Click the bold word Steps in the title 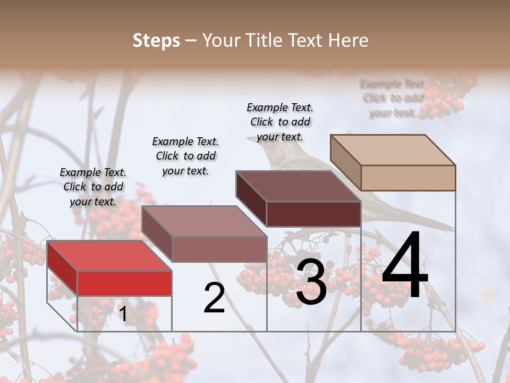pos(156,40)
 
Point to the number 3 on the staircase pos(311,282)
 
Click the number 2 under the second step pos(214,298)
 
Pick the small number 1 pos(123,314)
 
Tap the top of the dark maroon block pos(298,186)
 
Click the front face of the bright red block pos(124,284)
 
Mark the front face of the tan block pos(408,178)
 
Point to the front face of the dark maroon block pos(313,214)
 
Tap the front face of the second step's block pos(219,249)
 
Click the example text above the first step pos(93,187)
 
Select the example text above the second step pos(185,156)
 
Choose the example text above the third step pos(280,122)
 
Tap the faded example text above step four pos(393,98)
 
